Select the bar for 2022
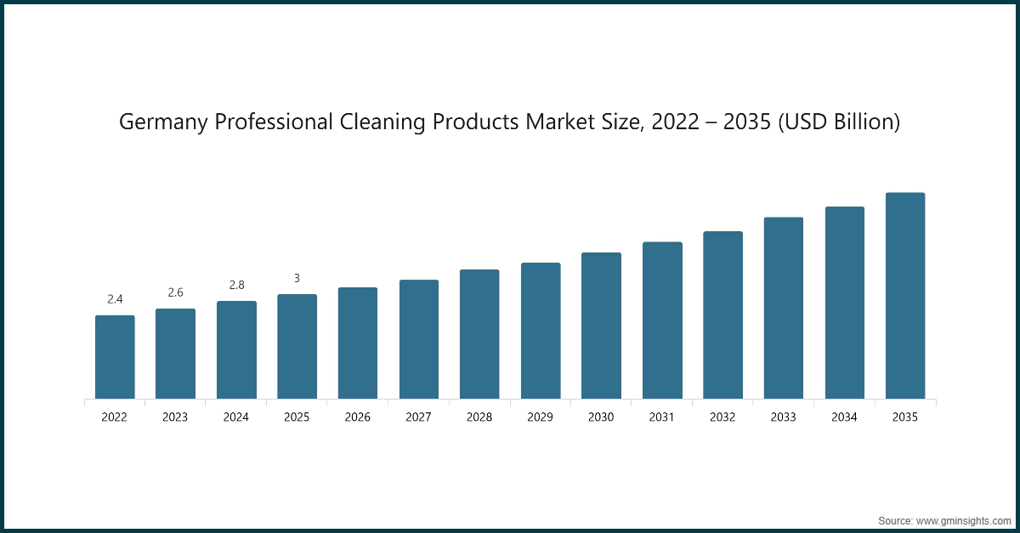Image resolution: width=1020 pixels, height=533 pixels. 115,357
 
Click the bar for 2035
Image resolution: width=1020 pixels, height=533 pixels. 905,296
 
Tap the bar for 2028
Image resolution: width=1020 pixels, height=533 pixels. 479,334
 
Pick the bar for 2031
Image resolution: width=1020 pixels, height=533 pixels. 662,320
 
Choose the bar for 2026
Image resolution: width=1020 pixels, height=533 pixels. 358,343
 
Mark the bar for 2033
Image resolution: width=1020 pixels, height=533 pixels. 784,308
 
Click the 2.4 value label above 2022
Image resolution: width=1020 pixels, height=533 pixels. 115,299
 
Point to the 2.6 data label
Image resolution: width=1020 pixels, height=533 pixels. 175,292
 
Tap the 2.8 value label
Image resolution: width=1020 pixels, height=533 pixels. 236,285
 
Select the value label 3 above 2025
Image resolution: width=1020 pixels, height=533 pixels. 297,278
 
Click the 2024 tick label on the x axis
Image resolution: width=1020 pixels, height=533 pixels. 236,417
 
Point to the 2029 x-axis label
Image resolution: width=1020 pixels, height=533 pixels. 541,417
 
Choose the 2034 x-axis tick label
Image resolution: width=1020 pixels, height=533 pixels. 844,417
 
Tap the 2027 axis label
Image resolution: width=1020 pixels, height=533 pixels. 419,417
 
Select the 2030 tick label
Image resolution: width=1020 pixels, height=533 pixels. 601,417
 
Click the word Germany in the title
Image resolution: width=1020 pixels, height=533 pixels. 163,122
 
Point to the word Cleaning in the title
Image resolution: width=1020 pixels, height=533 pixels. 382,122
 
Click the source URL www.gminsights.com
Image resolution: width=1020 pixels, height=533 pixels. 963,519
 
